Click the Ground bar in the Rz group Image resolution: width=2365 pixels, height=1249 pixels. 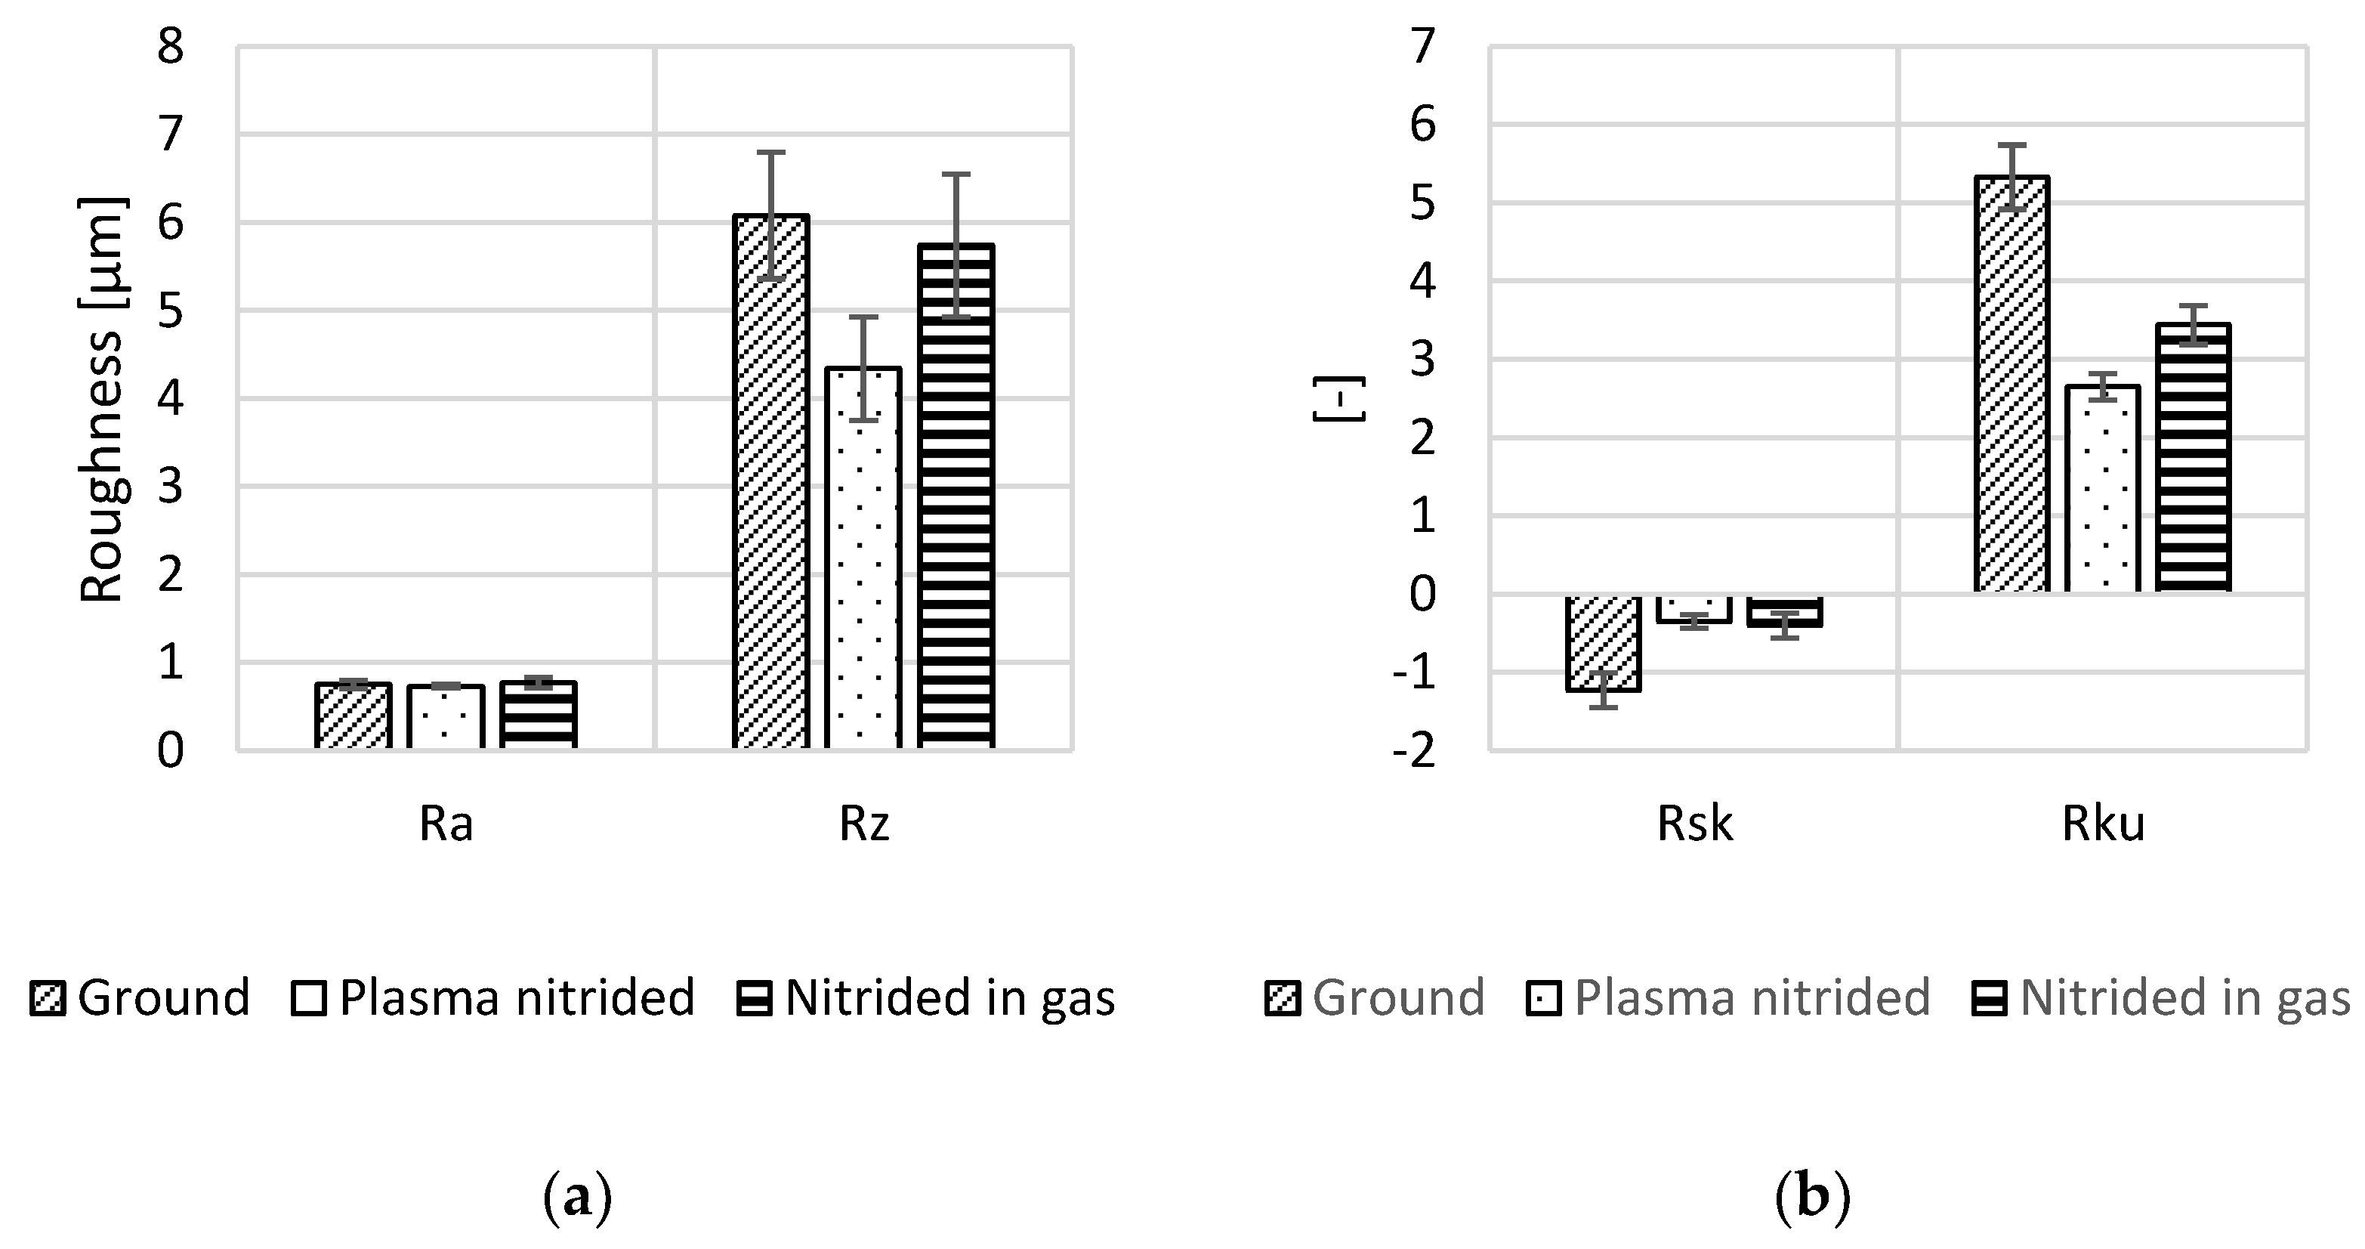click(770, 482)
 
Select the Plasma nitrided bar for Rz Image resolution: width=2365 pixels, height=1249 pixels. click(863, 558)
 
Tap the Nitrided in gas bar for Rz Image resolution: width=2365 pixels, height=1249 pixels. click(956, 496)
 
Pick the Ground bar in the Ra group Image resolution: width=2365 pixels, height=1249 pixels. click(354, 716)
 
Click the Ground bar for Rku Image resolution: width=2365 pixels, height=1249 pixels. click(2011, 384)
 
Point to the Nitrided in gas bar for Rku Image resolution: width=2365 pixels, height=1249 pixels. click(2192, 457)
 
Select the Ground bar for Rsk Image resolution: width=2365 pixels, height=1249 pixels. click(1603, 643)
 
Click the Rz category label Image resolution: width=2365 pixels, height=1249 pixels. click(864, 824)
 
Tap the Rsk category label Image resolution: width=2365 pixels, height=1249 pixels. click(1695, 824)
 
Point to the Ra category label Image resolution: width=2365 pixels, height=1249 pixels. click(446, 824)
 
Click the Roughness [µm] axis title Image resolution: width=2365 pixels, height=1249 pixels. click(103, 400)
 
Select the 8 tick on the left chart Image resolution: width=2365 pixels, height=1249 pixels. click(171, 46)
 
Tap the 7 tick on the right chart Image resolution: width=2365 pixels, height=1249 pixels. click(1422, 46)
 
